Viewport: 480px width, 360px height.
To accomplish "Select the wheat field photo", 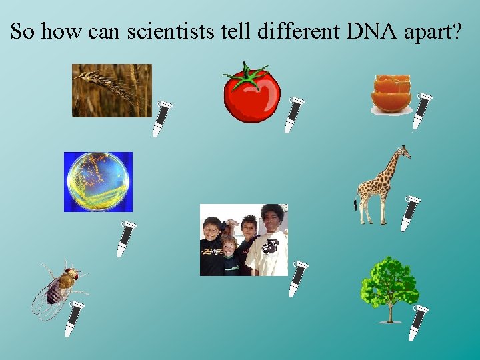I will (111, 90).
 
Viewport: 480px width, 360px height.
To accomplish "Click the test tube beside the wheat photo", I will (162, 119).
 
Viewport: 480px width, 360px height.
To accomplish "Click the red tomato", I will (251, 97).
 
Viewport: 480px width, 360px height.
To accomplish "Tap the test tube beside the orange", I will (421, 111).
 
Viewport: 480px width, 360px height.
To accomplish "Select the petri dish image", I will (98, 181).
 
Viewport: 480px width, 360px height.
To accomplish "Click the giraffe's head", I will (402, 151).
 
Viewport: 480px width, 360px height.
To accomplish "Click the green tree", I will (389, 283).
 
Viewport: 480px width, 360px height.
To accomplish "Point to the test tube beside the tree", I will (418, 322).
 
